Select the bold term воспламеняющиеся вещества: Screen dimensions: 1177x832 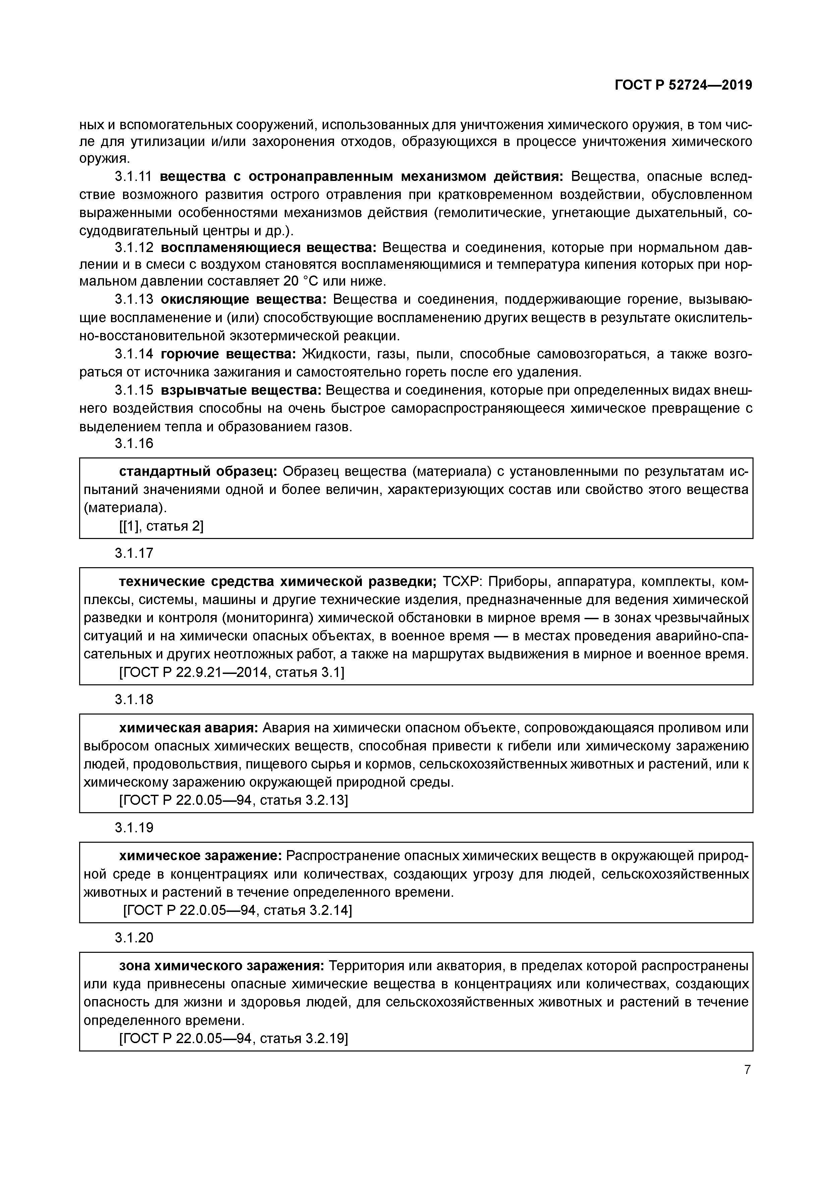(x=269, y=248)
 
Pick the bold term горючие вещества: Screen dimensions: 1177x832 (x=228, y=354)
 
